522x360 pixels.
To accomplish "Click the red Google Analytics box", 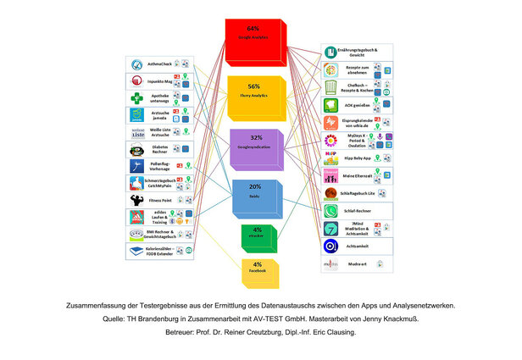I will coord(251,39).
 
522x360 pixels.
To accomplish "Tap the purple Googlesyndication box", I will coord(254,147).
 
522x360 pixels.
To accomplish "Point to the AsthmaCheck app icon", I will coord(136,64).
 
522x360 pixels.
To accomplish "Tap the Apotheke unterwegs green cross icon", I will coord(136,98).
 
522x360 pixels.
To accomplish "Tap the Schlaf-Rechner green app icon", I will coord(330,209).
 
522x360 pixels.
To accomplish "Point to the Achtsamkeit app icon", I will coord(330,246).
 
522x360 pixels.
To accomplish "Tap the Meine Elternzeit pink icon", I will coord(330,175).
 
